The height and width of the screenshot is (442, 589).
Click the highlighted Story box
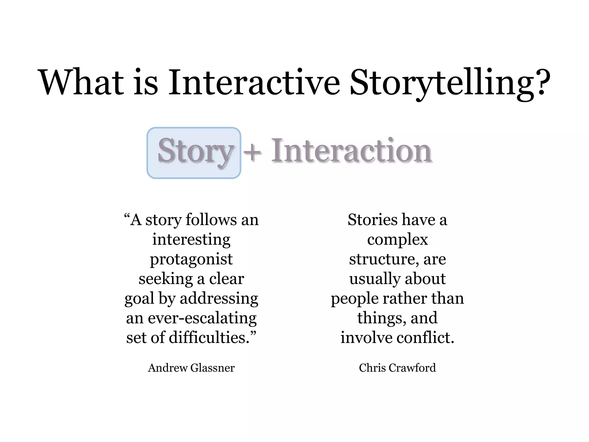click(194, 153)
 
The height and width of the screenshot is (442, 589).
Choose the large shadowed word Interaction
click(351, 150)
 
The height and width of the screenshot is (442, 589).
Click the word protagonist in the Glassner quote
click(191, 259)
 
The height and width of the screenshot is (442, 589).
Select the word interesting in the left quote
click(191, 239)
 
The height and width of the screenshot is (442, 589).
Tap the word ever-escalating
click(202, 318)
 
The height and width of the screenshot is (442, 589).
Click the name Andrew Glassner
click(191, 368)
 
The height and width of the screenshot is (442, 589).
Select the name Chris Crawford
click(397, 368)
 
